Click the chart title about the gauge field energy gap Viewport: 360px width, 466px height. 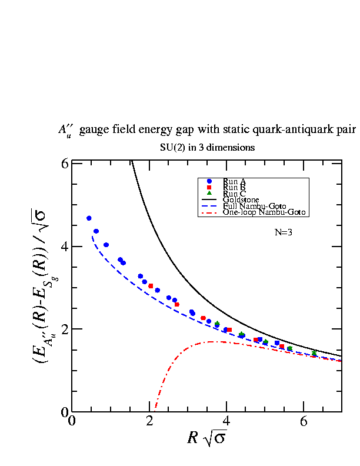click(x=208, y=130)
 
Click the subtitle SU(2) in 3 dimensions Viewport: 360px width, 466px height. click(x=207, y=147)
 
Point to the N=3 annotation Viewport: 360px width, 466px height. click(x=284, y=232)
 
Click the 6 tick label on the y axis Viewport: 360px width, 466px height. click(x=65, y=164)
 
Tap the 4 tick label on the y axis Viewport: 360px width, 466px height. click(x=65, y=247)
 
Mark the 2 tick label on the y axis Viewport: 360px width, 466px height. click(x=65, y=329)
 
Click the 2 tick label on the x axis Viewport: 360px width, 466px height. click(x=149, y=421)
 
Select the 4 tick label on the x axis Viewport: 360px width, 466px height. click(x=226, y=421)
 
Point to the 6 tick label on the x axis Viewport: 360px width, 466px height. click(x=304, y=421)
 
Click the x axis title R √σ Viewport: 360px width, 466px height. click(x=207, y=438)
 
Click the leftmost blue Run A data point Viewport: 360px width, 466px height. click(x=89, y=218)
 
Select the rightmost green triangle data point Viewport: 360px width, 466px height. click(x=314, y=353)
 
